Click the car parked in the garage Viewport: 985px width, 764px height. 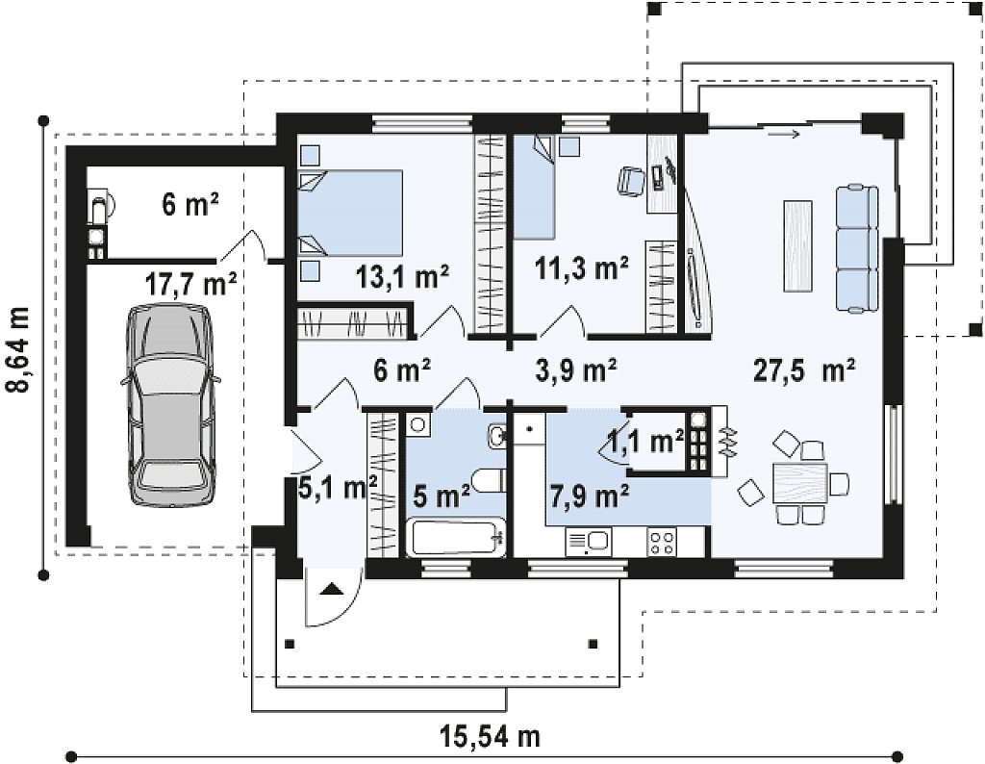point(171,405)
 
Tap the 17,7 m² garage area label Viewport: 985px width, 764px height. point(191,284)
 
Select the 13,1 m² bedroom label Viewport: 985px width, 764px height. point(401,276)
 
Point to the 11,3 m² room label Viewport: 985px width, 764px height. point(582,268)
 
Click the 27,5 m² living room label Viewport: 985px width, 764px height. point(803,370)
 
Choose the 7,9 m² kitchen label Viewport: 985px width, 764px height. point(590,497)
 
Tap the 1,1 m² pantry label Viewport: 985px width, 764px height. point(646,442)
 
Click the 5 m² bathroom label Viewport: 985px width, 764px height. point(442,497)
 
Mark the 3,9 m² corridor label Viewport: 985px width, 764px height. point(576,370)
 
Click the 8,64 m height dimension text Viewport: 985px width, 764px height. point(21,348)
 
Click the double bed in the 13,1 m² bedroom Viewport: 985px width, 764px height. point(350,213)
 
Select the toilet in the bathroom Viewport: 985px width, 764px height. point(490,481)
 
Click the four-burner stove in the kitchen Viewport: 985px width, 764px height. point(663,543)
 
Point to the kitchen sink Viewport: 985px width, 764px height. point(588,543)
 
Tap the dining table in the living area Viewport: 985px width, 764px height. point(799,483)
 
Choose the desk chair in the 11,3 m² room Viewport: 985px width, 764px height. point(631,181)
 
